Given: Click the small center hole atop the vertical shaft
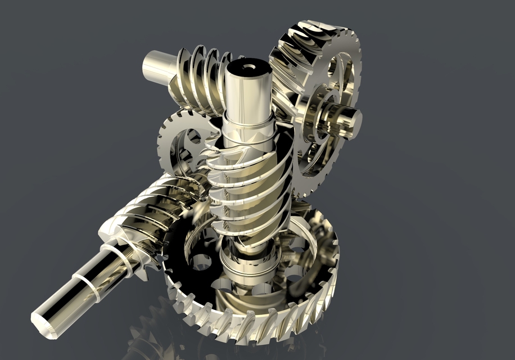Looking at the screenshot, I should click(x=248, y=66).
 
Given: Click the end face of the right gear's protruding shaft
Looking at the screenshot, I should click(x=350, y=119).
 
